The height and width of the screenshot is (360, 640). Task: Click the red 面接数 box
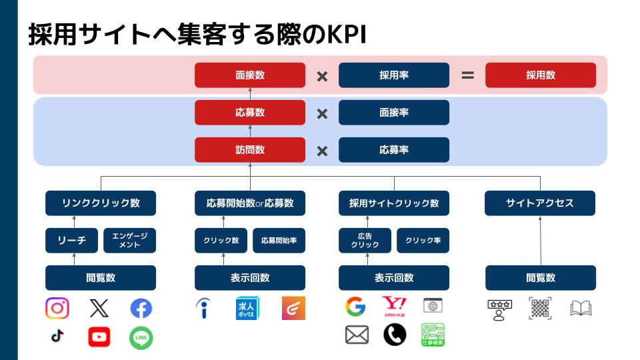pos(250,75)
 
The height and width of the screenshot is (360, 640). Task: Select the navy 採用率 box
pos(394,75)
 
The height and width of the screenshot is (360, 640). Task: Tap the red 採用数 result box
pos(541,75)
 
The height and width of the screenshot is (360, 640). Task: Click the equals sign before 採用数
pos(468,75)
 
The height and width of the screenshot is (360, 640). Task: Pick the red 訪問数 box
pos(250,150)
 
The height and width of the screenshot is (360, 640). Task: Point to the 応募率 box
pos(394,150)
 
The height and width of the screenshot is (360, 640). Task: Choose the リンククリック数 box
pos(101,203)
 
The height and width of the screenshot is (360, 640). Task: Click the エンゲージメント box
pos(129,241)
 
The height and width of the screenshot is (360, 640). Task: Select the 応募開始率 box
pos(279,241)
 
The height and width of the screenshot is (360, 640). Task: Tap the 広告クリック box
pos(365,241)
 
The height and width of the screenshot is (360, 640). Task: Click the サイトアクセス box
pos(539,203)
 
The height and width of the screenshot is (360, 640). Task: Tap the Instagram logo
pos(57,308)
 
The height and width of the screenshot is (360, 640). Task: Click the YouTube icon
pos(99,337)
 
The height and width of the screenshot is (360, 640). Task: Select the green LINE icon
pos(141,338)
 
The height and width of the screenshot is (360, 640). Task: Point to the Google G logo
pos(355,307)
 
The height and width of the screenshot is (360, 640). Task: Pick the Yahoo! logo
pos(394,306)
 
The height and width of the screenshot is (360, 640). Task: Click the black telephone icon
pos(395,335)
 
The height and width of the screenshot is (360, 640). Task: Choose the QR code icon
pos(540,308)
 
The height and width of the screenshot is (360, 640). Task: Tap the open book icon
pos(581,309)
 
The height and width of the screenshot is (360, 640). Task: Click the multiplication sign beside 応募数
pos(322,114)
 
